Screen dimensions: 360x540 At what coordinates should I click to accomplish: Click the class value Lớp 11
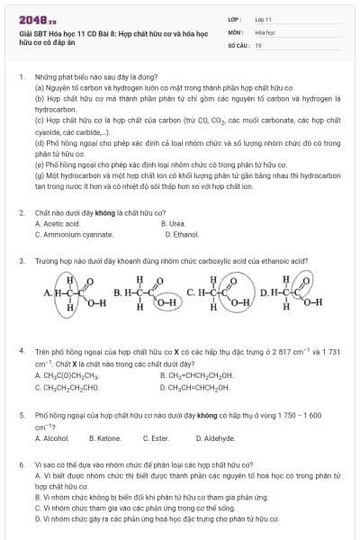point(264,19)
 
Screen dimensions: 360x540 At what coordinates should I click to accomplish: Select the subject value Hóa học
point(265,31)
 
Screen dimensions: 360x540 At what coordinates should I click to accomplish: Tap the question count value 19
point(258,44)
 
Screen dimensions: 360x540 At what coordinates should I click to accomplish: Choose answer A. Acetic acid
point(57,223)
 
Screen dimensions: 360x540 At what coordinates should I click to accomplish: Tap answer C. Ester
point(157,438)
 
